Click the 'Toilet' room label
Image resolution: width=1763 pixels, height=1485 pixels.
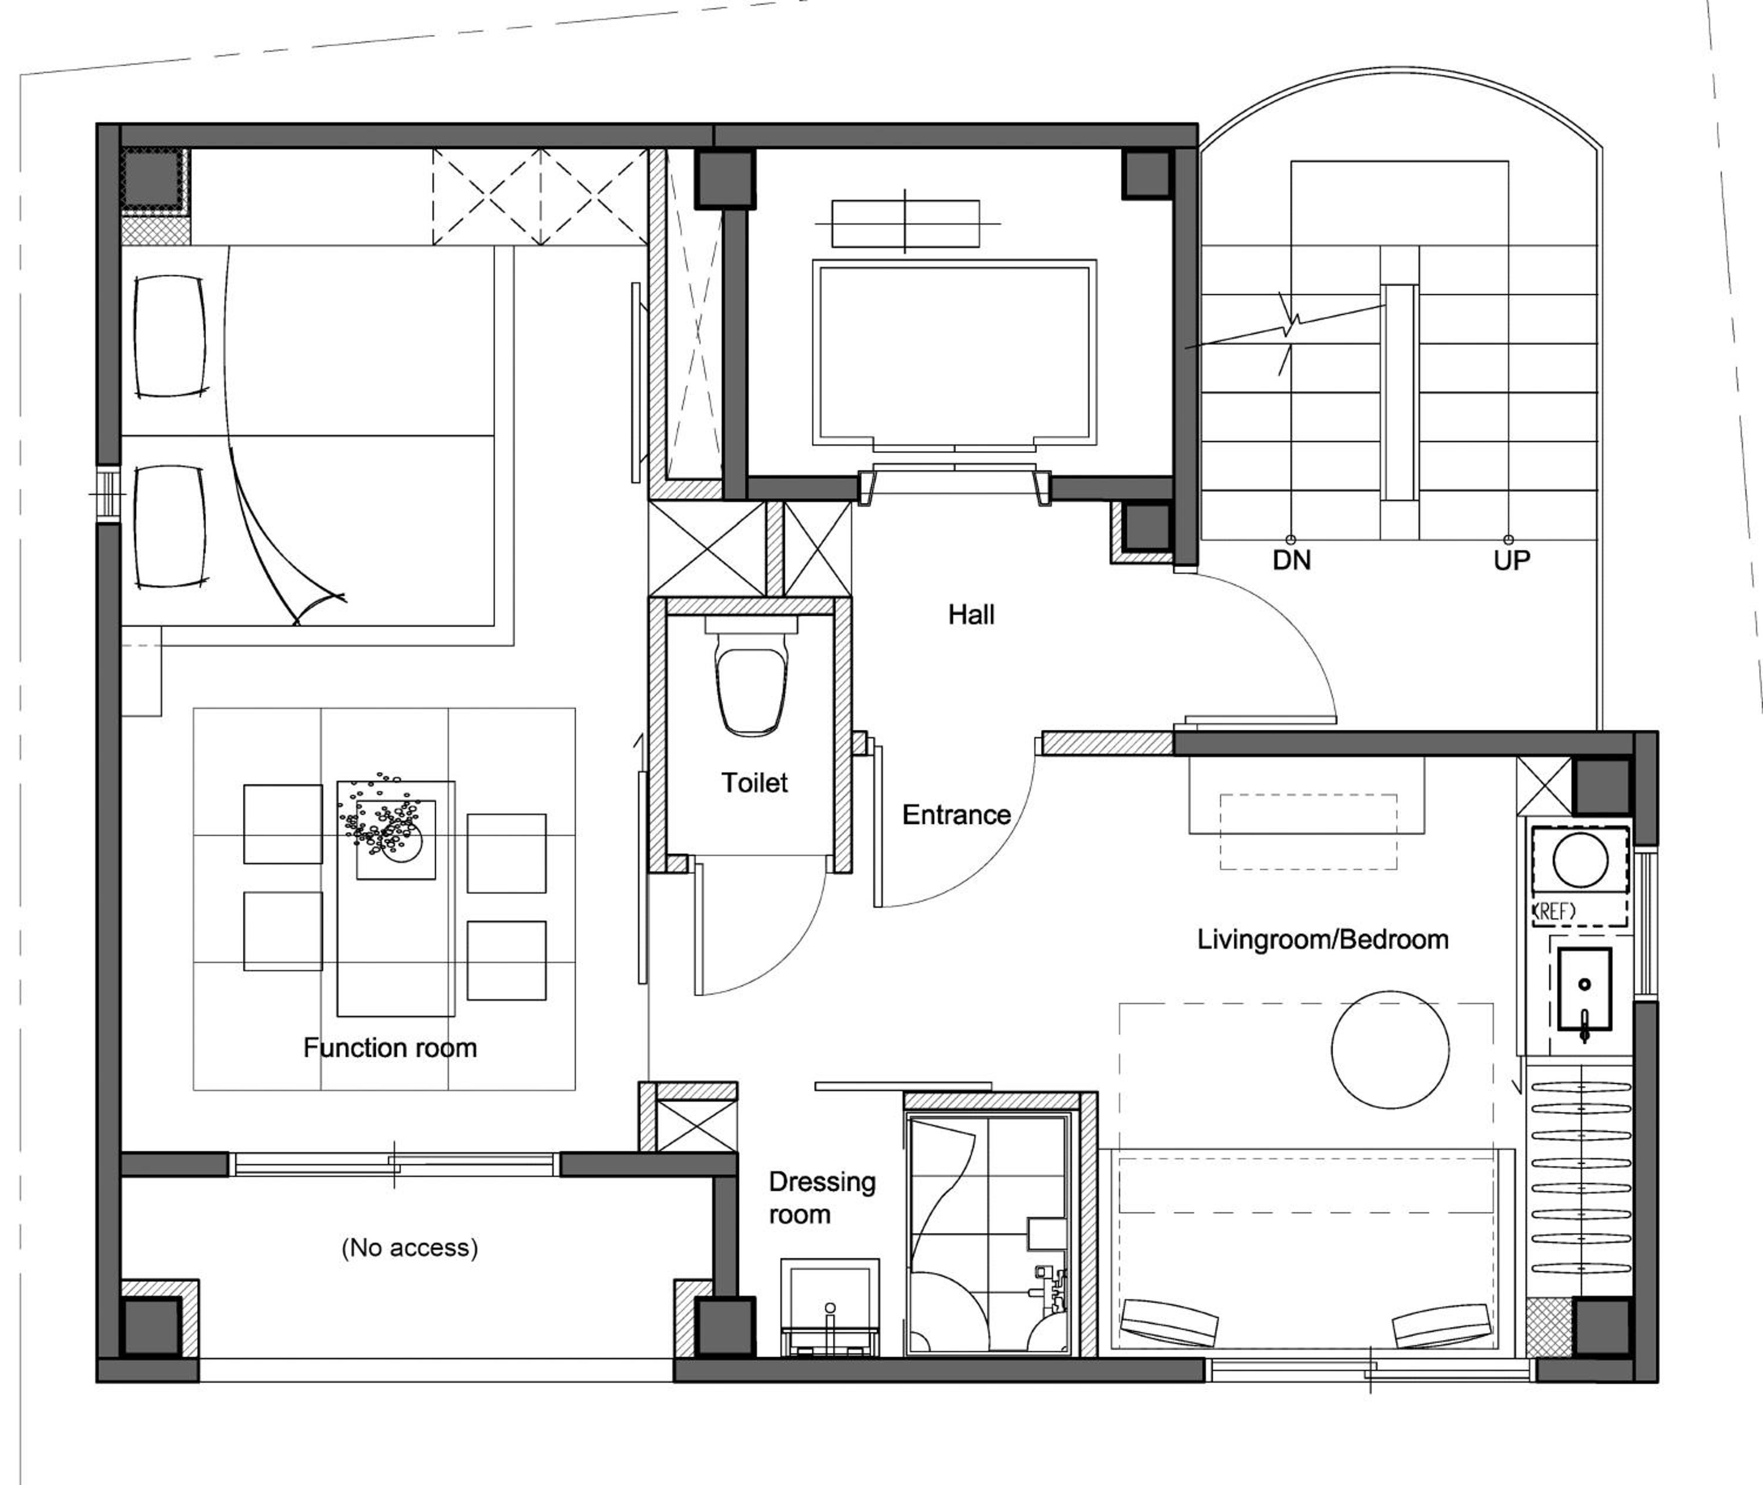point(754,783)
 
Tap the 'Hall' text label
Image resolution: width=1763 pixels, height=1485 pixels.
point(971,614)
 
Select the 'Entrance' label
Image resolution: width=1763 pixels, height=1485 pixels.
point(956,815)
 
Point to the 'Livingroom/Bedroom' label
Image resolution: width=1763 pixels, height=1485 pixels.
point(1323,939)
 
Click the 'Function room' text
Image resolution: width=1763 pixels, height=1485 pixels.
point(390,1048)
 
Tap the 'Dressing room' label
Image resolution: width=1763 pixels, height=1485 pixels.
point(822,1198)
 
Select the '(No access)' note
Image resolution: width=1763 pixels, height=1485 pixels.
point(410,1247)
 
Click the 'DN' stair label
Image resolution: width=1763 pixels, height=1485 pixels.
point(1292,560)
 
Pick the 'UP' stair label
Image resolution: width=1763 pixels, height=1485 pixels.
point(1511,560)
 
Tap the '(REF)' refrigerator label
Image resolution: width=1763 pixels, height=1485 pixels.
point(1555,910)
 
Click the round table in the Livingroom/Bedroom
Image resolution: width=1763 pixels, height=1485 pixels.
point(1390,1050)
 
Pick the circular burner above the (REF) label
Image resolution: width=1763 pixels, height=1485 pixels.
point(1580,860)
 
